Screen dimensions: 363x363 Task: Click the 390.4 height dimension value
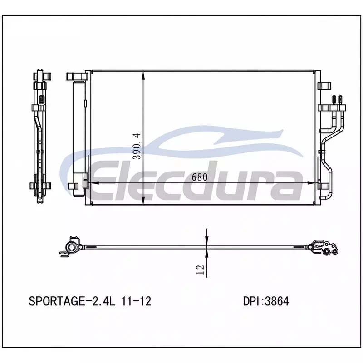[x=137, y=146]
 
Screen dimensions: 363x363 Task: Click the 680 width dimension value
[x=200, y=177]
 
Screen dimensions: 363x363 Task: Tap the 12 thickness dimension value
[x=200, y=270]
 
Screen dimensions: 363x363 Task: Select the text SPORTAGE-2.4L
[x=72, y=301]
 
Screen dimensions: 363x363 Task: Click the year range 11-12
[x=136, y=301]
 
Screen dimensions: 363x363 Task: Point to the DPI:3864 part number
[x=266, y=301]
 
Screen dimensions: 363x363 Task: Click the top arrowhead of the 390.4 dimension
[x=143, y=76]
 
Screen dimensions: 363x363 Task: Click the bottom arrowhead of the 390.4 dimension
[x=143, y=200]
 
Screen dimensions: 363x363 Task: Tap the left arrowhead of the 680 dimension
[x=94, y=183]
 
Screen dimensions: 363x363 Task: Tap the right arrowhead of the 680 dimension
[x=311, y=183]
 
